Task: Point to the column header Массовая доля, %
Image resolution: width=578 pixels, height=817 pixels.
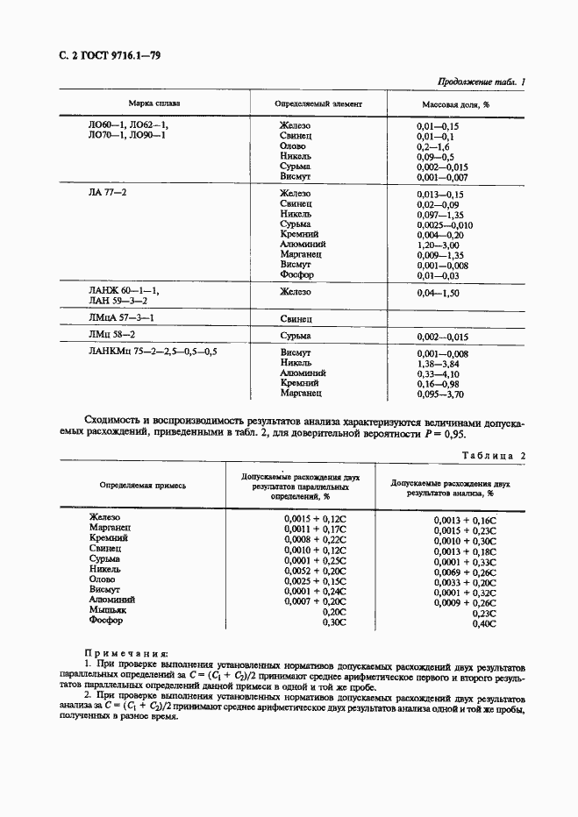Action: pyautogui.click(x=456, y=103)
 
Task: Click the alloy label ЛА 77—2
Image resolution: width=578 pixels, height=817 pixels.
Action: pyautogui.click(x=108, y=192)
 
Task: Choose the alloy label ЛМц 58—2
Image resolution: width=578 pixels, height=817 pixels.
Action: pyautogui.click(x=111, y=335)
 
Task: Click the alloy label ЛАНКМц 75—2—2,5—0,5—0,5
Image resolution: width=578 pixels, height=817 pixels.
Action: pyautogui.click(x=153, y=352)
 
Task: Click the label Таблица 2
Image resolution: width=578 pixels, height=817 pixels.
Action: pyautogui.click(x=492, y=456)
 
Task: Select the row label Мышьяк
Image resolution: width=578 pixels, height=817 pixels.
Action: pyautogui.click(x=109, y=610)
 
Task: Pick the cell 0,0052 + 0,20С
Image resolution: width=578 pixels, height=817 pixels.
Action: pyautogui.click(x=316, y=570)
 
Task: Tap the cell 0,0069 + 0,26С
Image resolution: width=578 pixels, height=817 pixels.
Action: pyautogui.click(x=464, y=572)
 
